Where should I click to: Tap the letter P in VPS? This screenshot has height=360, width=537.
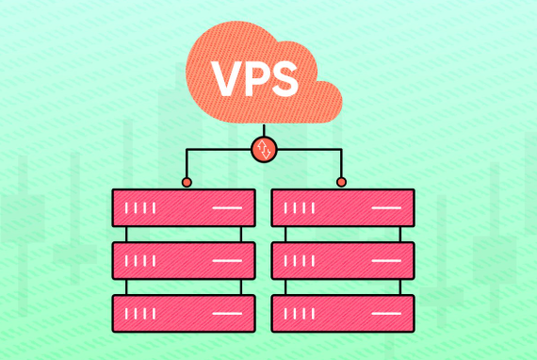(258, 79)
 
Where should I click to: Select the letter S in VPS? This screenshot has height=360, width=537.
(284, 79)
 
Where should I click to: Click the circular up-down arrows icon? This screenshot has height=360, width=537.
(264, 150)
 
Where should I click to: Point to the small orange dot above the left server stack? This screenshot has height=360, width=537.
(187, 182)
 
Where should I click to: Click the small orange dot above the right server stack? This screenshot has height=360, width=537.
(341, 182)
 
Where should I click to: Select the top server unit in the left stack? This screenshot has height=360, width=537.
(184, 207)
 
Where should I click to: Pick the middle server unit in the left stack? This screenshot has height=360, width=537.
(184, 261)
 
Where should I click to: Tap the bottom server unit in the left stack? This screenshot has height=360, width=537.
(184, 314)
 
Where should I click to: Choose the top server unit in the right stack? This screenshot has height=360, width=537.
(343, 207)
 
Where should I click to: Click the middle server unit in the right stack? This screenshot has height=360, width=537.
(343, 261)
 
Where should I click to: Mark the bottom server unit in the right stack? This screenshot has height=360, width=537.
(343, 314)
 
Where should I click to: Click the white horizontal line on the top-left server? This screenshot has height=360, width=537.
(227, 207)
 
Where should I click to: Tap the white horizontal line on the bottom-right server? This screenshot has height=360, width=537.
(386, 314)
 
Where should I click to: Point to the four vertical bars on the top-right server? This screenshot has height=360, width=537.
(300, 208)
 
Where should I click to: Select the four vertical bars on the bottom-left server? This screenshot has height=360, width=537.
(140, 314)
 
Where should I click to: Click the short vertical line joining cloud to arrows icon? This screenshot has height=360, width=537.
(264, 130)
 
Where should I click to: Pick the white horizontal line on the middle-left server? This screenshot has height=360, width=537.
(227, 261)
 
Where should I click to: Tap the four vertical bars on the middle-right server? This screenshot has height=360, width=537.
(300, 261)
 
